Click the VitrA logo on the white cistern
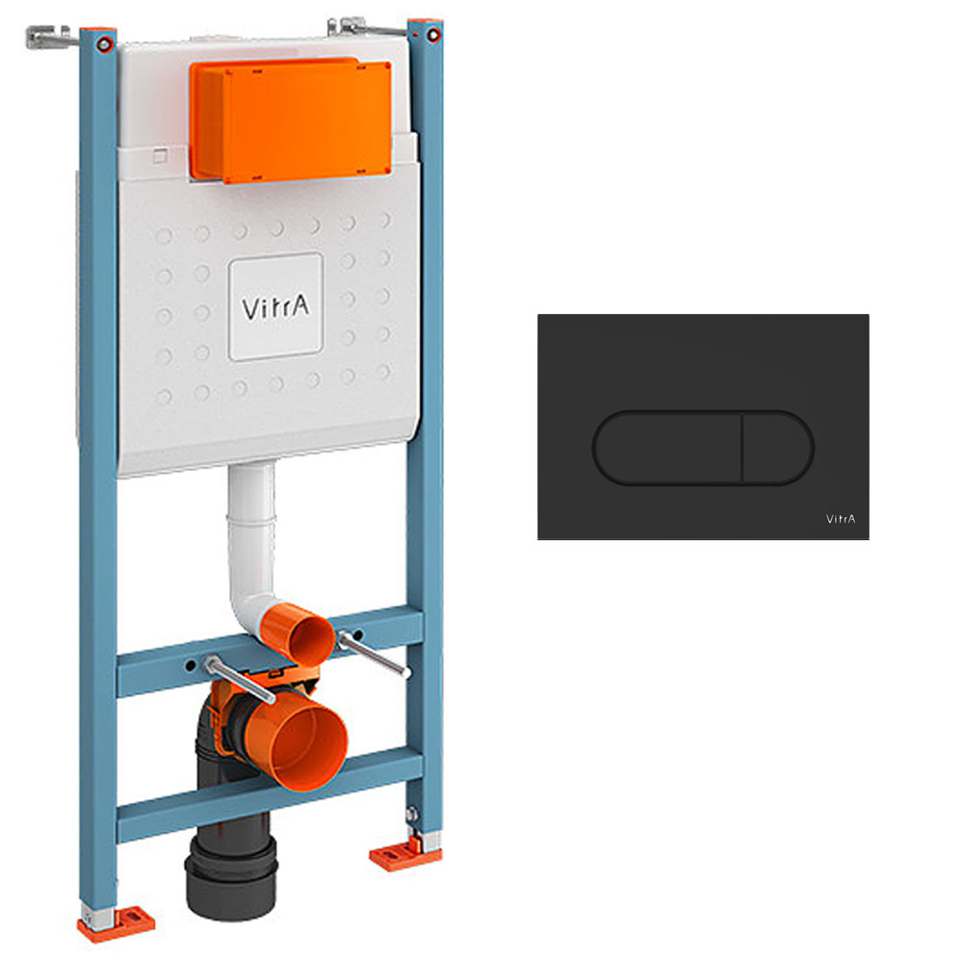click(x=275, y=306)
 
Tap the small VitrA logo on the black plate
click(x=840, y=519)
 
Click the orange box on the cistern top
click(x=291, y=120)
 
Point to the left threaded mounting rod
click(x=240, y=679)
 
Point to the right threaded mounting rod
click(x=373, y=655)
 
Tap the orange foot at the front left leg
click(x=117, y=924)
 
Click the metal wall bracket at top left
click(x=48, y=37)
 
